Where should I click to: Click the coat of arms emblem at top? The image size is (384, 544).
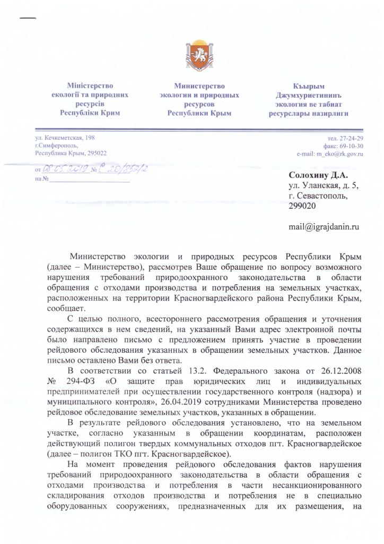(192, 55)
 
